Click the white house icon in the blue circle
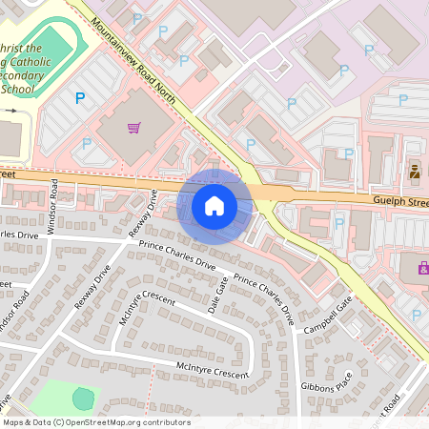coord(214,205)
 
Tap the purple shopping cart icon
coord(134,127)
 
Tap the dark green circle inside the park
coord(83,398)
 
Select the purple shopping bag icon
coord(422,270)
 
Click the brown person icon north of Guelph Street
coord(415,173)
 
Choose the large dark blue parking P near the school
coord(80,97)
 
